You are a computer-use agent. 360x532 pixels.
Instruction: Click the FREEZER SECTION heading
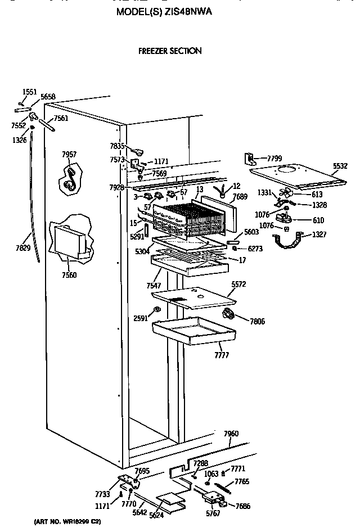point(170,51)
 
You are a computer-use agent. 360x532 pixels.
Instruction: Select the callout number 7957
point(69,155)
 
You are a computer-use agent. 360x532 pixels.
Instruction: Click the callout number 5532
point(340,166)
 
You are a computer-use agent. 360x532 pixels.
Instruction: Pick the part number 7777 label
point(221,355)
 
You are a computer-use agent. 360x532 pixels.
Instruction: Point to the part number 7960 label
point(231,434)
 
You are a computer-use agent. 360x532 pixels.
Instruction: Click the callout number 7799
point(274,159)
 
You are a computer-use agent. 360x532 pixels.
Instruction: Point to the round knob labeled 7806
point(229,314)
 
